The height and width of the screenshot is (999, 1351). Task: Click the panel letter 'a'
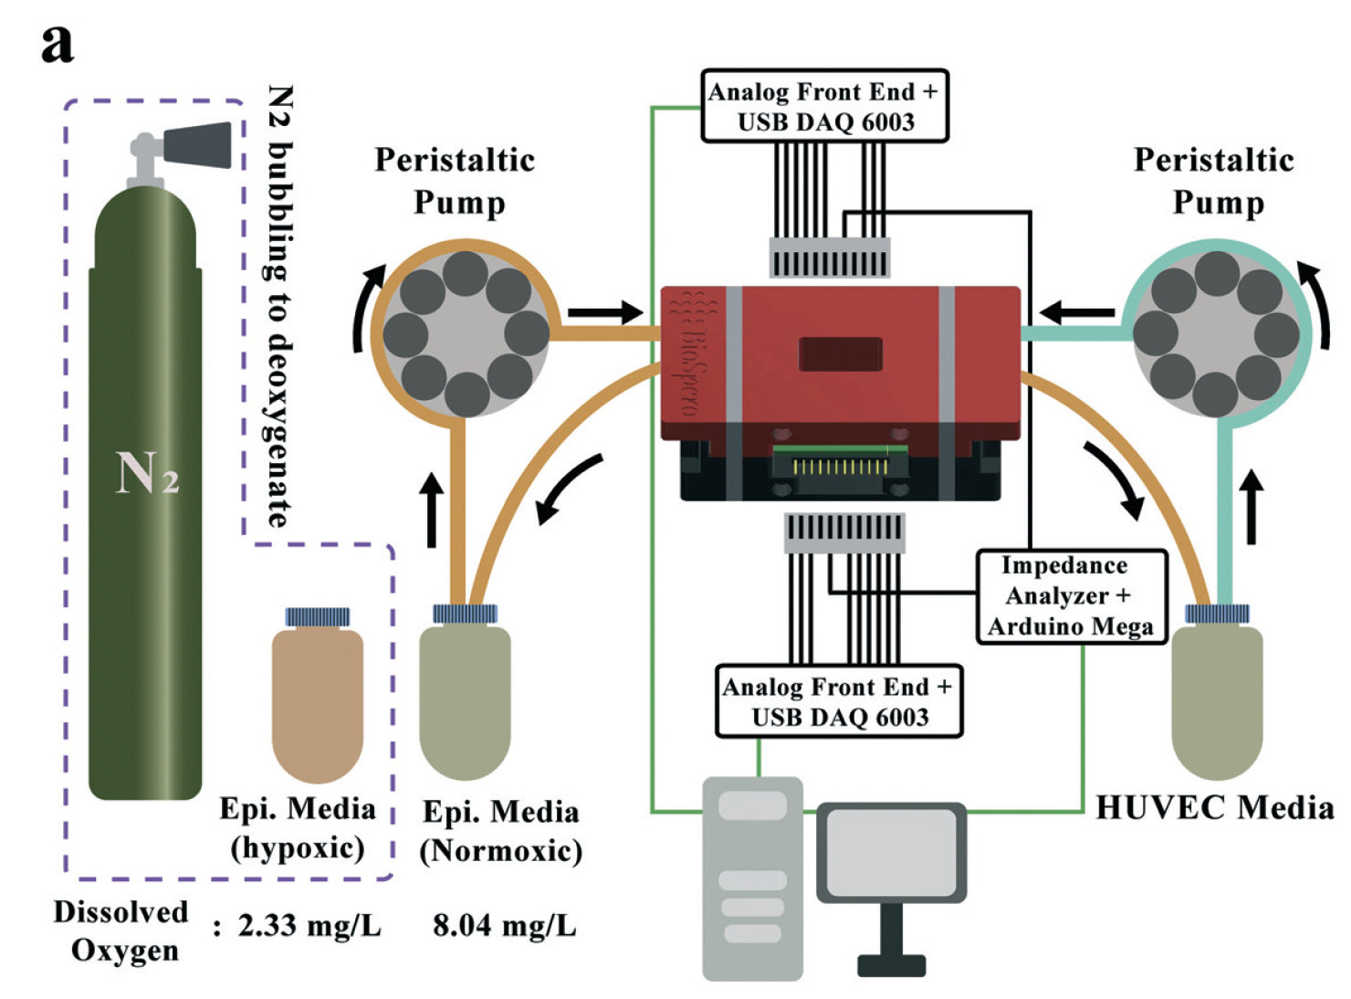click(x=58, y=43)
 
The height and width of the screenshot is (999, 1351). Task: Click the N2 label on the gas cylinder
click(x=146, y=472)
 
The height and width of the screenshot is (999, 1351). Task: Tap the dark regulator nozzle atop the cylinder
click(x=198, y=144)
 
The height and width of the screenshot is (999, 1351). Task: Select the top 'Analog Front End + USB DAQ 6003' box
click(x=824, y=106)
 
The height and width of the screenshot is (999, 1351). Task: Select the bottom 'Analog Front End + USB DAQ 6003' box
click(x=838, y=700)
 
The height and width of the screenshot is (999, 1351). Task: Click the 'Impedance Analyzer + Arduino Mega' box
click(x=1071, y=596)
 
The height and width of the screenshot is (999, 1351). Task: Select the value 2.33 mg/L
click(x=309, y=926)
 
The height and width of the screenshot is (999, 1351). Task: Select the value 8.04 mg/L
click(x=504, y=926)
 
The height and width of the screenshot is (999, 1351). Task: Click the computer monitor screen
click(x=890, y=851)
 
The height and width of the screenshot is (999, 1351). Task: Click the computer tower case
click(x=752, y=877)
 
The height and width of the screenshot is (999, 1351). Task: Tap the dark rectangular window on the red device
click(x=840, y=354)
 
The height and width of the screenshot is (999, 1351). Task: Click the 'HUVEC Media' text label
click(x=1214, y=807)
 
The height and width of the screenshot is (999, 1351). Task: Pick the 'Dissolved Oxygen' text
click(x=122, y=930)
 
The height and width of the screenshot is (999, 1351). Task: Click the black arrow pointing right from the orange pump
click(x=605, y=312)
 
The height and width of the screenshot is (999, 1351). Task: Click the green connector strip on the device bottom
click(x=840, y=464)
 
